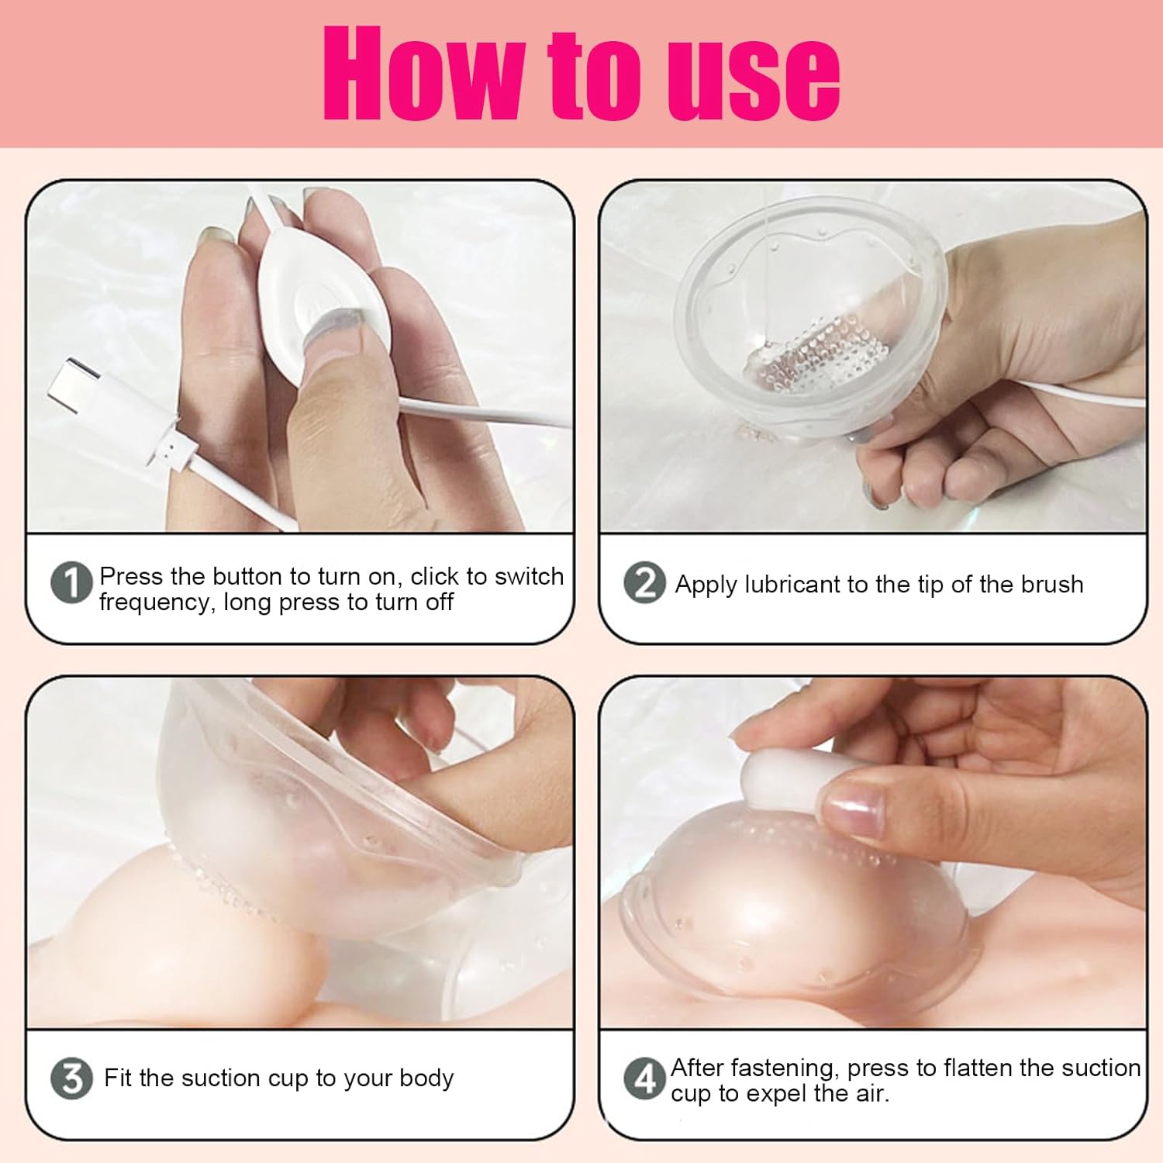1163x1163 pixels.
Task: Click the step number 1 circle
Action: [71, 583]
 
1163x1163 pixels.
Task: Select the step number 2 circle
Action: [644, 583]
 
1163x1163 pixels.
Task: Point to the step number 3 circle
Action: [71, 1078]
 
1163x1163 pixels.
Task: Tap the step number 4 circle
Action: [644, 1078]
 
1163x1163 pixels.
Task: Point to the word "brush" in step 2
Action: [1049, 584]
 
